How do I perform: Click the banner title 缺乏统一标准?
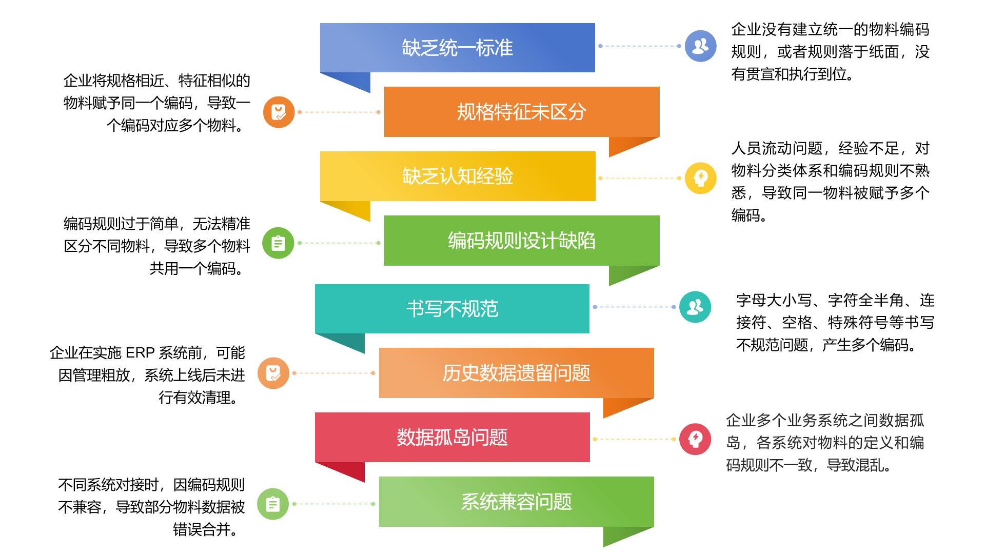point(457,48)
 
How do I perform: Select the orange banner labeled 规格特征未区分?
point(521,112)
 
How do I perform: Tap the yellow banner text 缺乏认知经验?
point(457,176)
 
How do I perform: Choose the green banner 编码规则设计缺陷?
point(521,241)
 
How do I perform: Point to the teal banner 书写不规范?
point(452,309)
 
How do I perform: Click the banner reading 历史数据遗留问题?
point(516,373)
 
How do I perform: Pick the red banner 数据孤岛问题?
point(452,437)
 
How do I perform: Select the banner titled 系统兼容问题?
point(516,502)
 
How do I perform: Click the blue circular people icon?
point(700,46)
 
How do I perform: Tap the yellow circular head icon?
point(700,178)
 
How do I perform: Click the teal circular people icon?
point(695,307)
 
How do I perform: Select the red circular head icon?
point(695,439)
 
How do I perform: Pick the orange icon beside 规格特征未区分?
point(279,112)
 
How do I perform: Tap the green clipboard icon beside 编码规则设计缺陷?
point(278,243)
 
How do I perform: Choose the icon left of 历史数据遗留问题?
point(273,373)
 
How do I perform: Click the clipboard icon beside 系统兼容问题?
point(273,504)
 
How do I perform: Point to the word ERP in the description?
point(140,353)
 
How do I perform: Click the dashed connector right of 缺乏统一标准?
point(640,46)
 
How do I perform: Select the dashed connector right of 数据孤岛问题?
point(634,439)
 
